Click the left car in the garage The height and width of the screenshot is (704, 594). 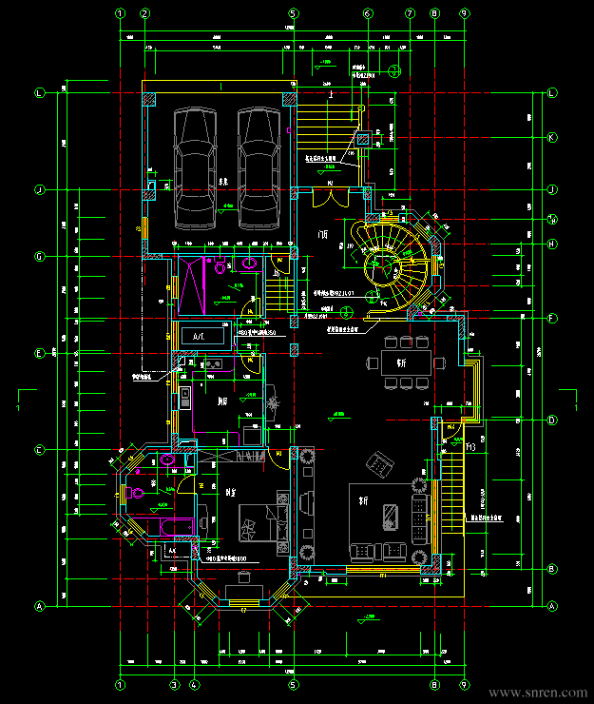tap(196, 167)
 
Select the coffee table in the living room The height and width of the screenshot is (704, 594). tap(390, 515)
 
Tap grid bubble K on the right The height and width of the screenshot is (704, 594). tap(551, 138)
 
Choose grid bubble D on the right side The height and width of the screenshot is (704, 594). tap(551, 420)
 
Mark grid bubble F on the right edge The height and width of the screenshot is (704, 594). tap(551, 317)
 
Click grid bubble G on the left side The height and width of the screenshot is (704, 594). tap(40, 257)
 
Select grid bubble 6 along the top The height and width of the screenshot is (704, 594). tap(368, 14)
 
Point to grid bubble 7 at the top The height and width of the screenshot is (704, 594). tap(410, 14)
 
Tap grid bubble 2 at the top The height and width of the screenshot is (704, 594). tap(144, 14)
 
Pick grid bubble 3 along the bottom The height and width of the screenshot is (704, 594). tap(175, 684)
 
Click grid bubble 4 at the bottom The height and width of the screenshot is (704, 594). tap(194, 684)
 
